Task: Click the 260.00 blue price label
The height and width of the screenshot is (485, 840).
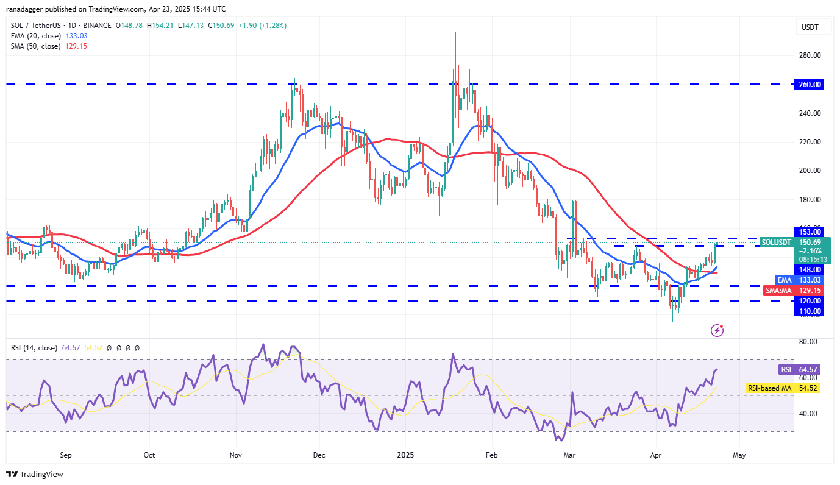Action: (809, 85)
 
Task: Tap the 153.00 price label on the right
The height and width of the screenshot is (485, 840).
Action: (809, 232)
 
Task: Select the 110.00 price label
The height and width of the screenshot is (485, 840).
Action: (809, 311)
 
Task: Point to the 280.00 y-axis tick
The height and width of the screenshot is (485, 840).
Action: (809, 55)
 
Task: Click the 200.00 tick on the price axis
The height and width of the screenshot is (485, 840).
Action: (809, 171)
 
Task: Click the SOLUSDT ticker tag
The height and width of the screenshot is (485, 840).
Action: (776, 242)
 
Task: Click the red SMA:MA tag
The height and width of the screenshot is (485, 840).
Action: (778, 291)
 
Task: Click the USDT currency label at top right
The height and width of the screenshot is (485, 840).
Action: (809, 27)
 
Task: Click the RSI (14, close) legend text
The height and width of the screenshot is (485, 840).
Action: (34, 348)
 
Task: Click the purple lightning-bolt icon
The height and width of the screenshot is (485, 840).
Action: (717, 330)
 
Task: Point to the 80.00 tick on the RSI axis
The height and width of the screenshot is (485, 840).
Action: (808, 342)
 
